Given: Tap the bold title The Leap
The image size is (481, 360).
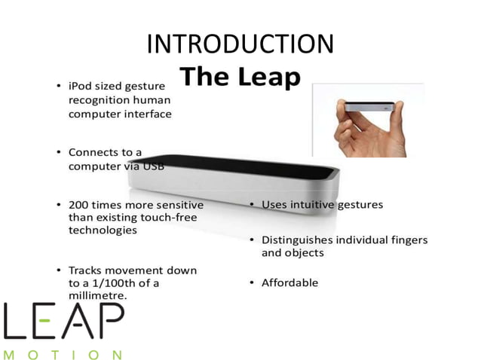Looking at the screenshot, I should pyautogui.click(x=240, y=77).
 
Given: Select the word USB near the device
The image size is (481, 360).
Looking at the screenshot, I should pyautogui.click(x=153, y=166).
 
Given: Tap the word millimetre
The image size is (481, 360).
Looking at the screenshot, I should pyautogui.click(x=97, y=296).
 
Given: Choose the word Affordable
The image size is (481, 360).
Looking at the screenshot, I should pyautogui.click(x=290, y=282).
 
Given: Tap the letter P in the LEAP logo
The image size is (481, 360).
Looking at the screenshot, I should pyautogui.click(x=108, y=320).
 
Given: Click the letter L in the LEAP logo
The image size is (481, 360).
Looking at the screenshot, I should pyautogui.click(x=16, y=320).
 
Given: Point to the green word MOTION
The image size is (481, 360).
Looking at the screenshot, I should pyautogui.click(x=63, y=353).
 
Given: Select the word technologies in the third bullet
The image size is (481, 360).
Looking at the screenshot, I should pyautogui.click(x=103, y=230).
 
